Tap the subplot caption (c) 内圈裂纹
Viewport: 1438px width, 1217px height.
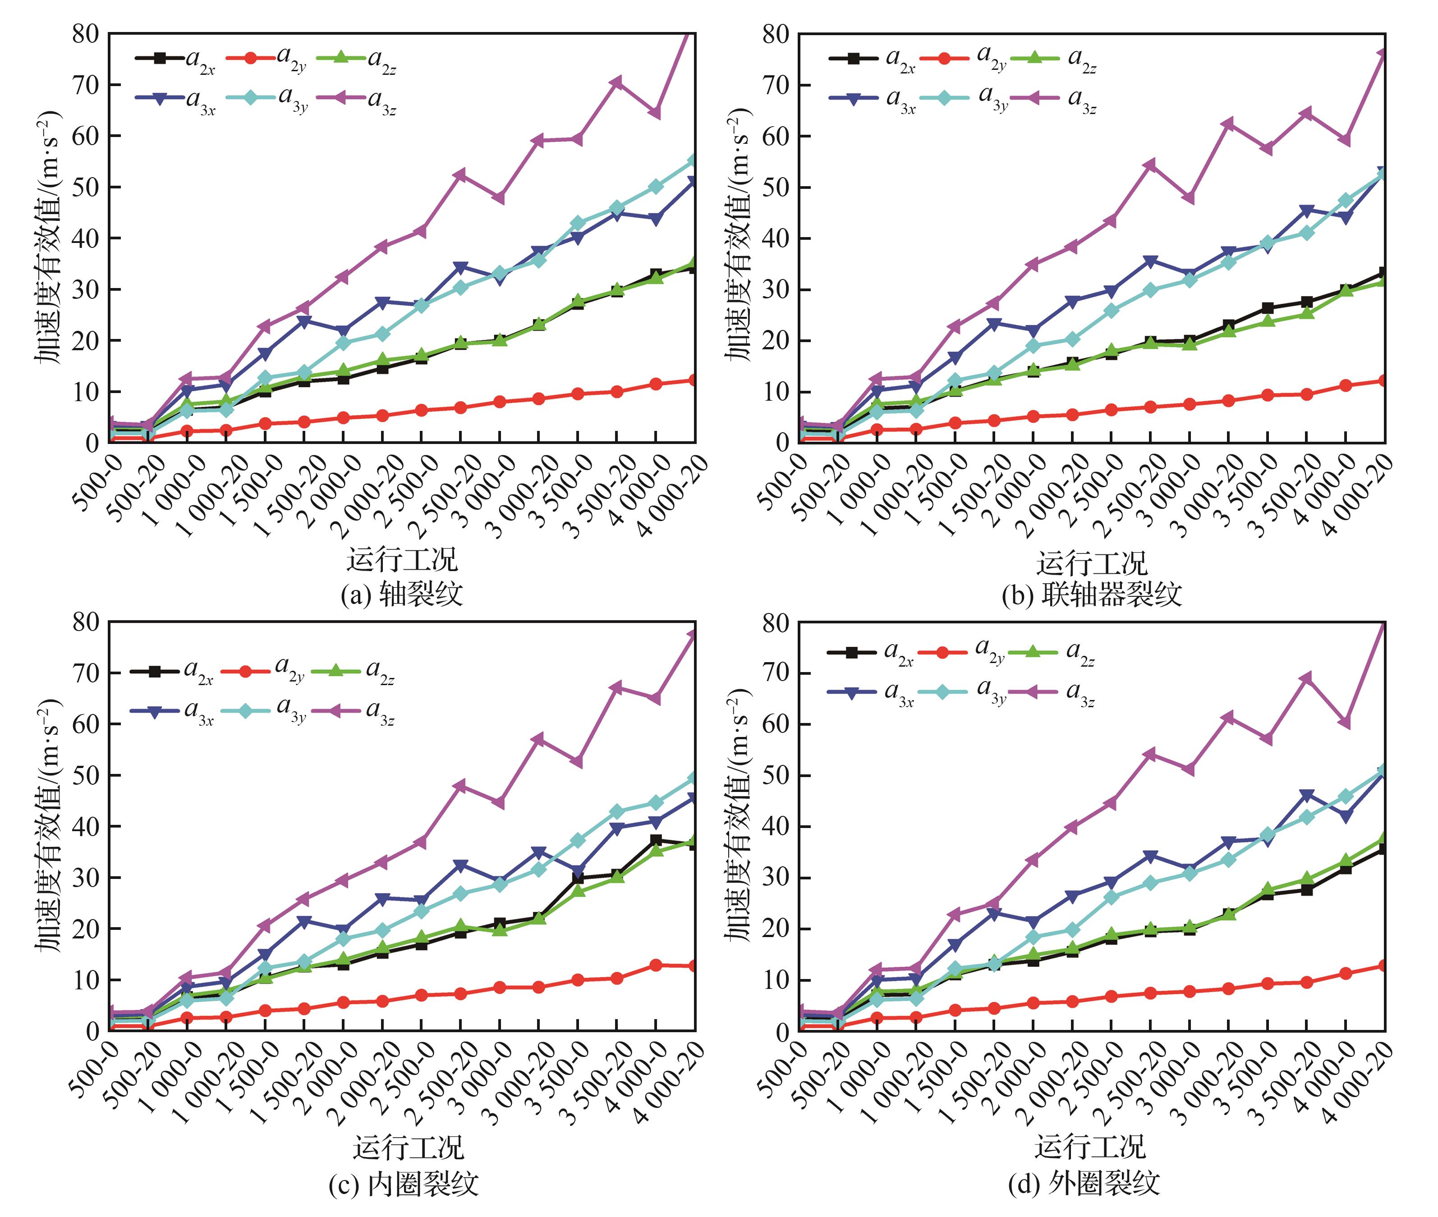(x=403, y=1184)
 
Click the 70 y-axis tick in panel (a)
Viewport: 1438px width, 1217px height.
(x=86, y=85)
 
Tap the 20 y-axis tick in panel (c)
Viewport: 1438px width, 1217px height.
(x=86, y=929)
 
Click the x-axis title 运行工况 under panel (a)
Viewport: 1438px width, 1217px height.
(x=402, y=559)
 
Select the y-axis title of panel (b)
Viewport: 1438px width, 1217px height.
(x=738, y=234)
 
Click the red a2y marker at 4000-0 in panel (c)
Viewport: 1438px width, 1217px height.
(x=656, y=965)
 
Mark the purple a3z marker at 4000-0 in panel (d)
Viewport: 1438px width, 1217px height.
(x=1345, y=723)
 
